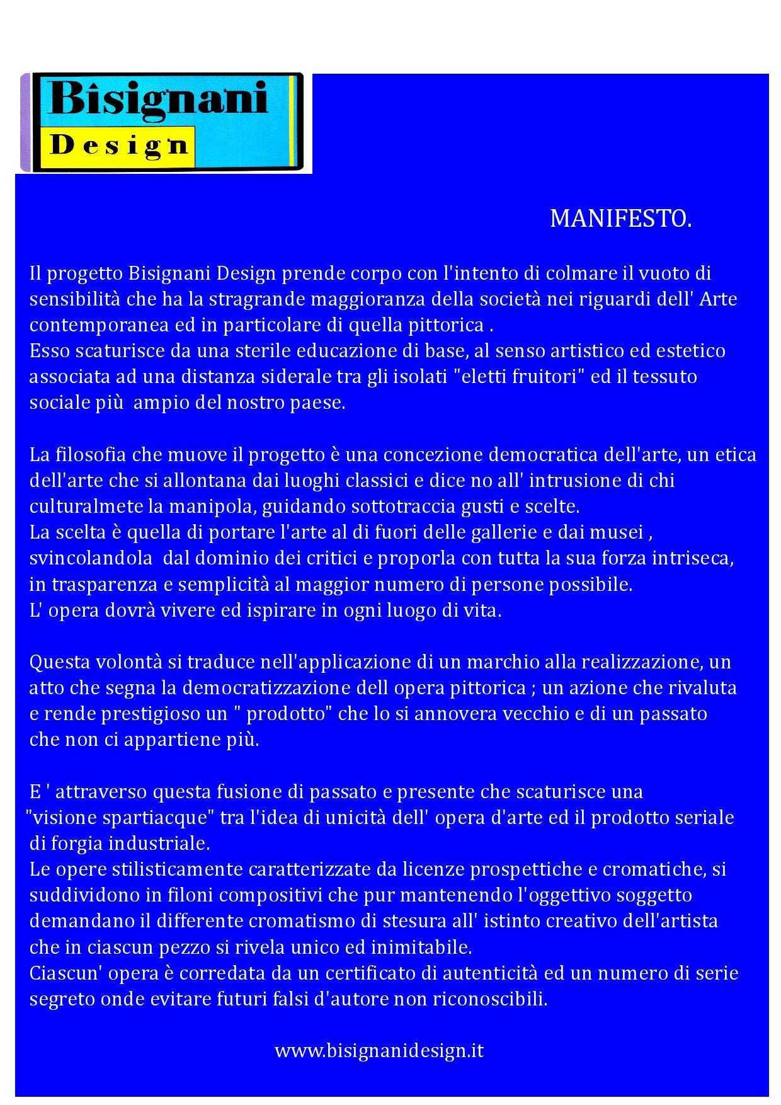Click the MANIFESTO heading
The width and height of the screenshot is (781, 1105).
[x=620, y=219]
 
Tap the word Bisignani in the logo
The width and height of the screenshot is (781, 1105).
[x=158, y=98]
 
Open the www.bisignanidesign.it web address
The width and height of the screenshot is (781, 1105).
[x=379, y=1050]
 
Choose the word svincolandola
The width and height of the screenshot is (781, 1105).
[x=91, y=558]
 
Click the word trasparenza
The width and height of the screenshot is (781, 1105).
[x=104, y=584]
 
